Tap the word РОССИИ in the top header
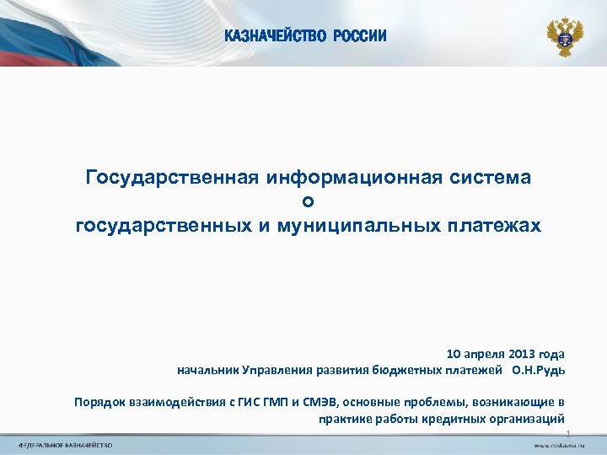[x=360, y=35]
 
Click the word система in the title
[x=491, y=177]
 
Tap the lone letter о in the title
[x=308, y=201]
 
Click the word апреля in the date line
[x=481, y=354]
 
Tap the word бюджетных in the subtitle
[x=407, y=370]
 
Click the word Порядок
[x=99, y=402]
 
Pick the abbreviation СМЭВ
[x=312, y=402]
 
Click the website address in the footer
[x=559, y=444]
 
